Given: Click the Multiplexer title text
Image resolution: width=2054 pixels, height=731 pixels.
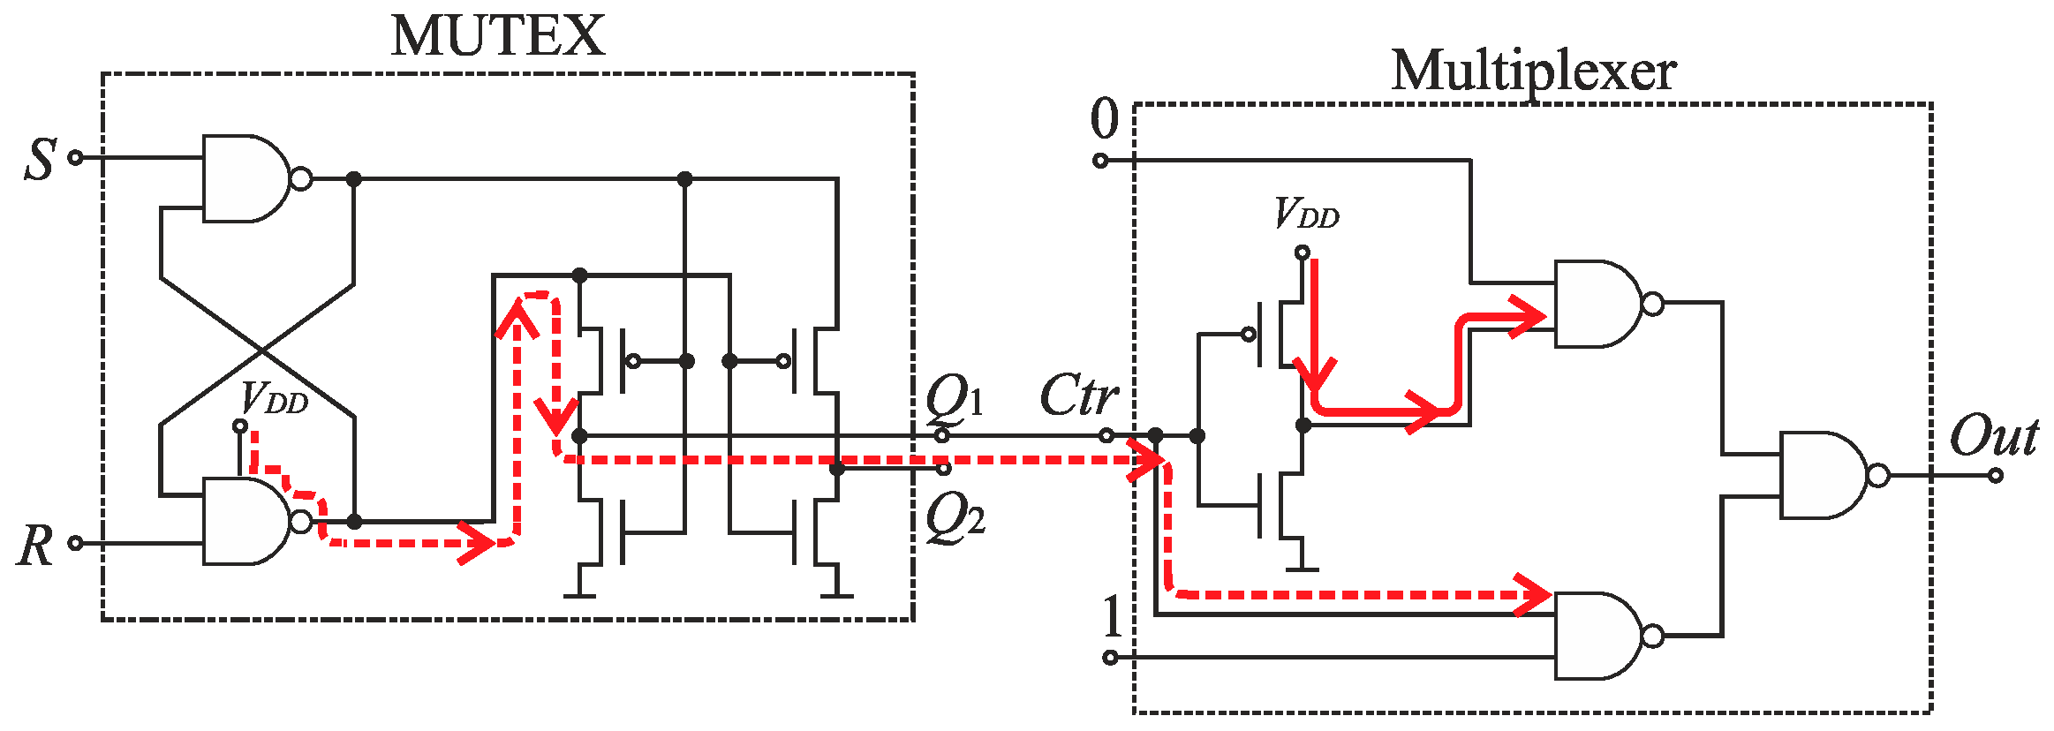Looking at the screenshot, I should (x=1533, y=71).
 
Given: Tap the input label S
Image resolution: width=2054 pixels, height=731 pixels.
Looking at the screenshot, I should (x=41, y=160).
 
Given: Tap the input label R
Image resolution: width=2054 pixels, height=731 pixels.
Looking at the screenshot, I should (x=36, y=545).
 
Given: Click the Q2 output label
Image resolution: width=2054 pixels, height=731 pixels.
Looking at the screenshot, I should (x=955, y=518).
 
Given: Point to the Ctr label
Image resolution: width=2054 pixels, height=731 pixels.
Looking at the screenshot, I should (x=1078, y=395).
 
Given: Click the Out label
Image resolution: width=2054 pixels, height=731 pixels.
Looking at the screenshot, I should (x=1994, y=436).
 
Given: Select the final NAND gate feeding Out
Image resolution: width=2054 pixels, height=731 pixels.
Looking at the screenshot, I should (x=1823, y=475).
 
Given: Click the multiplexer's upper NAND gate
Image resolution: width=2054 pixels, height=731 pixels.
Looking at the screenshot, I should (x=1597, y=304).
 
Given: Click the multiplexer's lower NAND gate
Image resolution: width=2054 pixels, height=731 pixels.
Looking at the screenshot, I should (x=1597, y=636).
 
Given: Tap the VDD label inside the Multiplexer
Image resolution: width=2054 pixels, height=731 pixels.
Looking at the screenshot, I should (x=1306, y=214).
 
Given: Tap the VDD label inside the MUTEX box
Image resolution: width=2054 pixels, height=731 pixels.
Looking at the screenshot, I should (x=274, y=399).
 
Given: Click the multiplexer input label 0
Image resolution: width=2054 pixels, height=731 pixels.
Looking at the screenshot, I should (x=1104, y=119).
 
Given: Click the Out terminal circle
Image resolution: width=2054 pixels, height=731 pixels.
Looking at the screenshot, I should (x=1996, y=475).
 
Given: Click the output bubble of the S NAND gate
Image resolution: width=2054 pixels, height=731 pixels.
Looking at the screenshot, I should (x=301, y=179).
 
